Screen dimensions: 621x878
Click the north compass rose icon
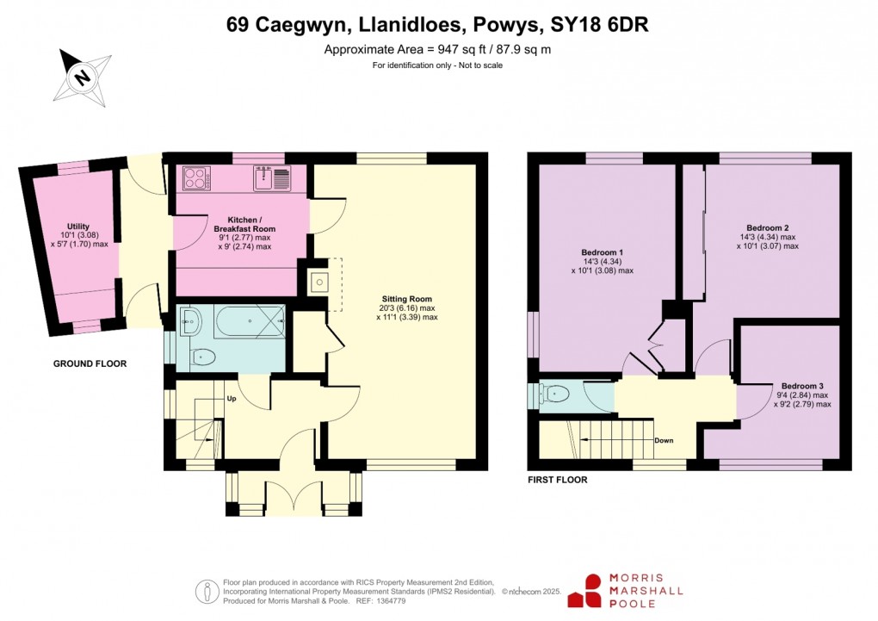click(x=83, y=77)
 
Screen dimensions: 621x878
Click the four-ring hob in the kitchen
click(x=196, y=178)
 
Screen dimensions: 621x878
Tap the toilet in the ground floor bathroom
click(x=202, y=356)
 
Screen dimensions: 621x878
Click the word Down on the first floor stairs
click(x=664, y=440)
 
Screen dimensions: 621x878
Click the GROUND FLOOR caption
click(x=90, y=364)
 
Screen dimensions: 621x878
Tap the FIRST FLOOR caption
click(x=558, y=480)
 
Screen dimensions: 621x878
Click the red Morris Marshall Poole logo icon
click(x=593, y=590)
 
